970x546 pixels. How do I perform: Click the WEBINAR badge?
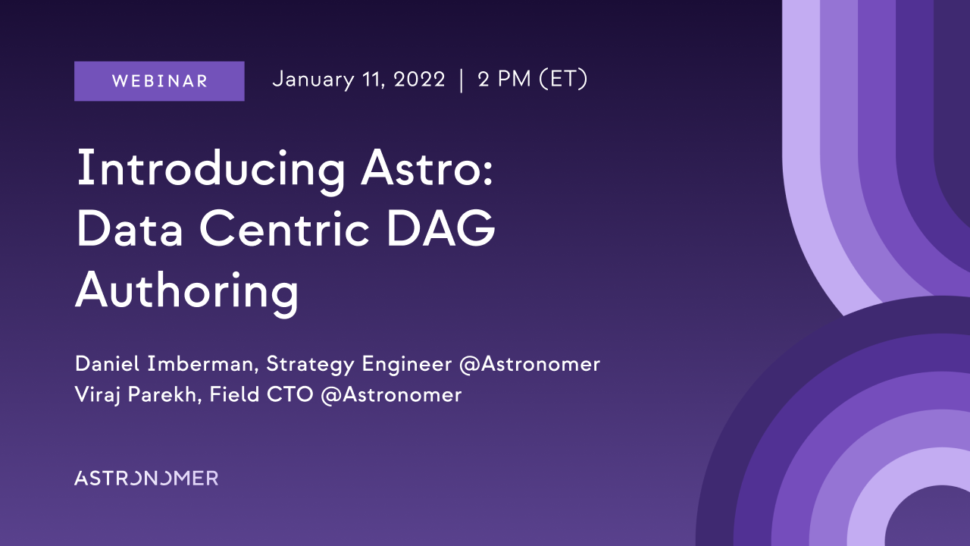159,81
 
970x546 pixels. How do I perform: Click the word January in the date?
314,80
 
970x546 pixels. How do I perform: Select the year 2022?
419,80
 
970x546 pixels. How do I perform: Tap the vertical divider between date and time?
462,80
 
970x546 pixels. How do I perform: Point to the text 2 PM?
505,80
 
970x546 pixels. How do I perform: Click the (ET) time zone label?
563,80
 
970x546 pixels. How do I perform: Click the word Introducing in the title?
211,171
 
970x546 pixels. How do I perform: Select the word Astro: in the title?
427,168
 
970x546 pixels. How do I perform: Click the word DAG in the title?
441,228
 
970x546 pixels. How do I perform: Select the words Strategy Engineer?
359,365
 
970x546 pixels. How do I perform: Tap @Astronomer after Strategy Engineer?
530,365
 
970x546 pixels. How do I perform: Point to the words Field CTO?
261,394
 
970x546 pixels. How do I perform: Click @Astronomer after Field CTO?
391,395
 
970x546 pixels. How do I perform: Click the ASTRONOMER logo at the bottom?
146,478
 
